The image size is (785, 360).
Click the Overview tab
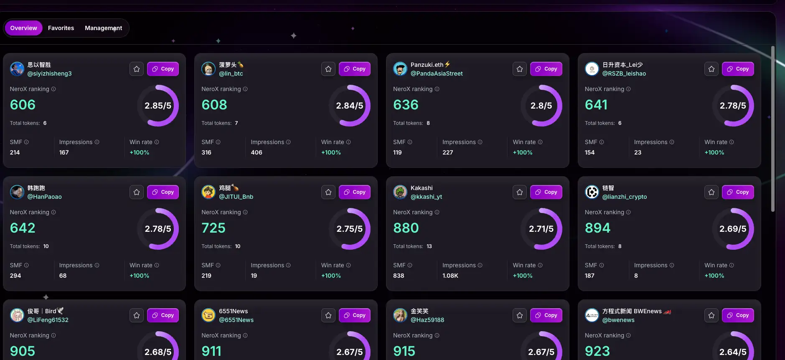pos(23,28)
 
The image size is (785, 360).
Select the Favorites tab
pos(61,28)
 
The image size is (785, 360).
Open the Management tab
pos(103,28)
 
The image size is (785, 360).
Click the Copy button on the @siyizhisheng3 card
pos(163,69)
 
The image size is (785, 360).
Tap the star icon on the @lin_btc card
pos(328,69)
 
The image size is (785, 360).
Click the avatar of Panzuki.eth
pos(400,69)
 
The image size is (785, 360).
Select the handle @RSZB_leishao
pos(624,74)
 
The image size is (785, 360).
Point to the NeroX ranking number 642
pos(23,228)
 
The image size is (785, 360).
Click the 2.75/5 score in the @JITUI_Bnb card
pos(350,229)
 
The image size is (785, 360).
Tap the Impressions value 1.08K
pos(450,276)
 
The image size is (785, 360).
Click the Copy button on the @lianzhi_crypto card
pos(738,192)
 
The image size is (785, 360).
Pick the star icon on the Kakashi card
pos(520,192)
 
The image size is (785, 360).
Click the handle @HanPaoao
pos(45,197)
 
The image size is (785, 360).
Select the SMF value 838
pos(399,276)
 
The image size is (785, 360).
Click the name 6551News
pos(234,311)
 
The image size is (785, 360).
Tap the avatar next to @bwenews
pos(592,315)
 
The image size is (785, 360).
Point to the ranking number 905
pos(23,351)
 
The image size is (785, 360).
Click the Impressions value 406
pos(257,152)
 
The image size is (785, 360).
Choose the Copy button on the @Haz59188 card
pos(546,315)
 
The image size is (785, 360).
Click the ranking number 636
pos(406,105)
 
